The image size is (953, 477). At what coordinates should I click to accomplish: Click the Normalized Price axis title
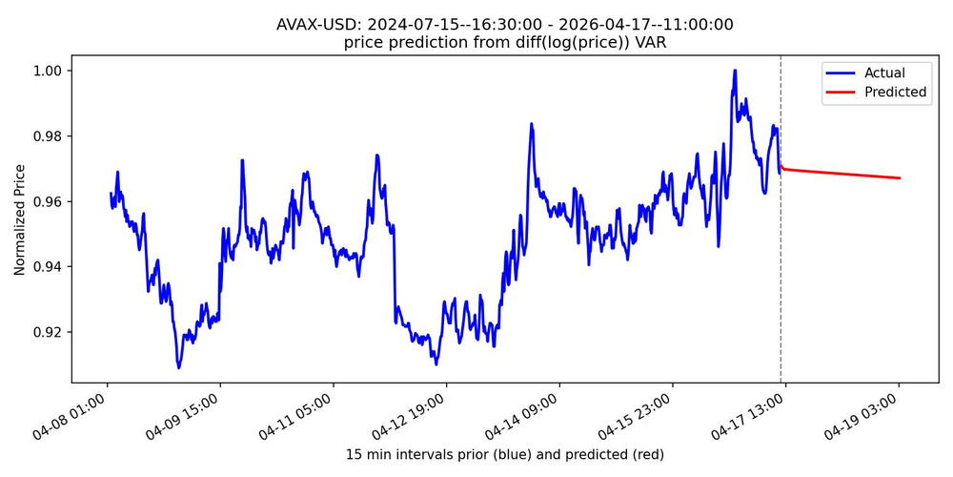pos(20,218)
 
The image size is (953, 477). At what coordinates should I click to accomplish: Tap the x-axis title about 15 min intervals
pos(504,455)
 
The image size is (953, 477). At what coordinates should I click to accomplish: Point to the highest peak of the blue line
pos(735,71)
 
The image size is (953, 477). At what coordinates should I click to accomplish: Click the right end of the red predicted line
pos(900,178)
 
